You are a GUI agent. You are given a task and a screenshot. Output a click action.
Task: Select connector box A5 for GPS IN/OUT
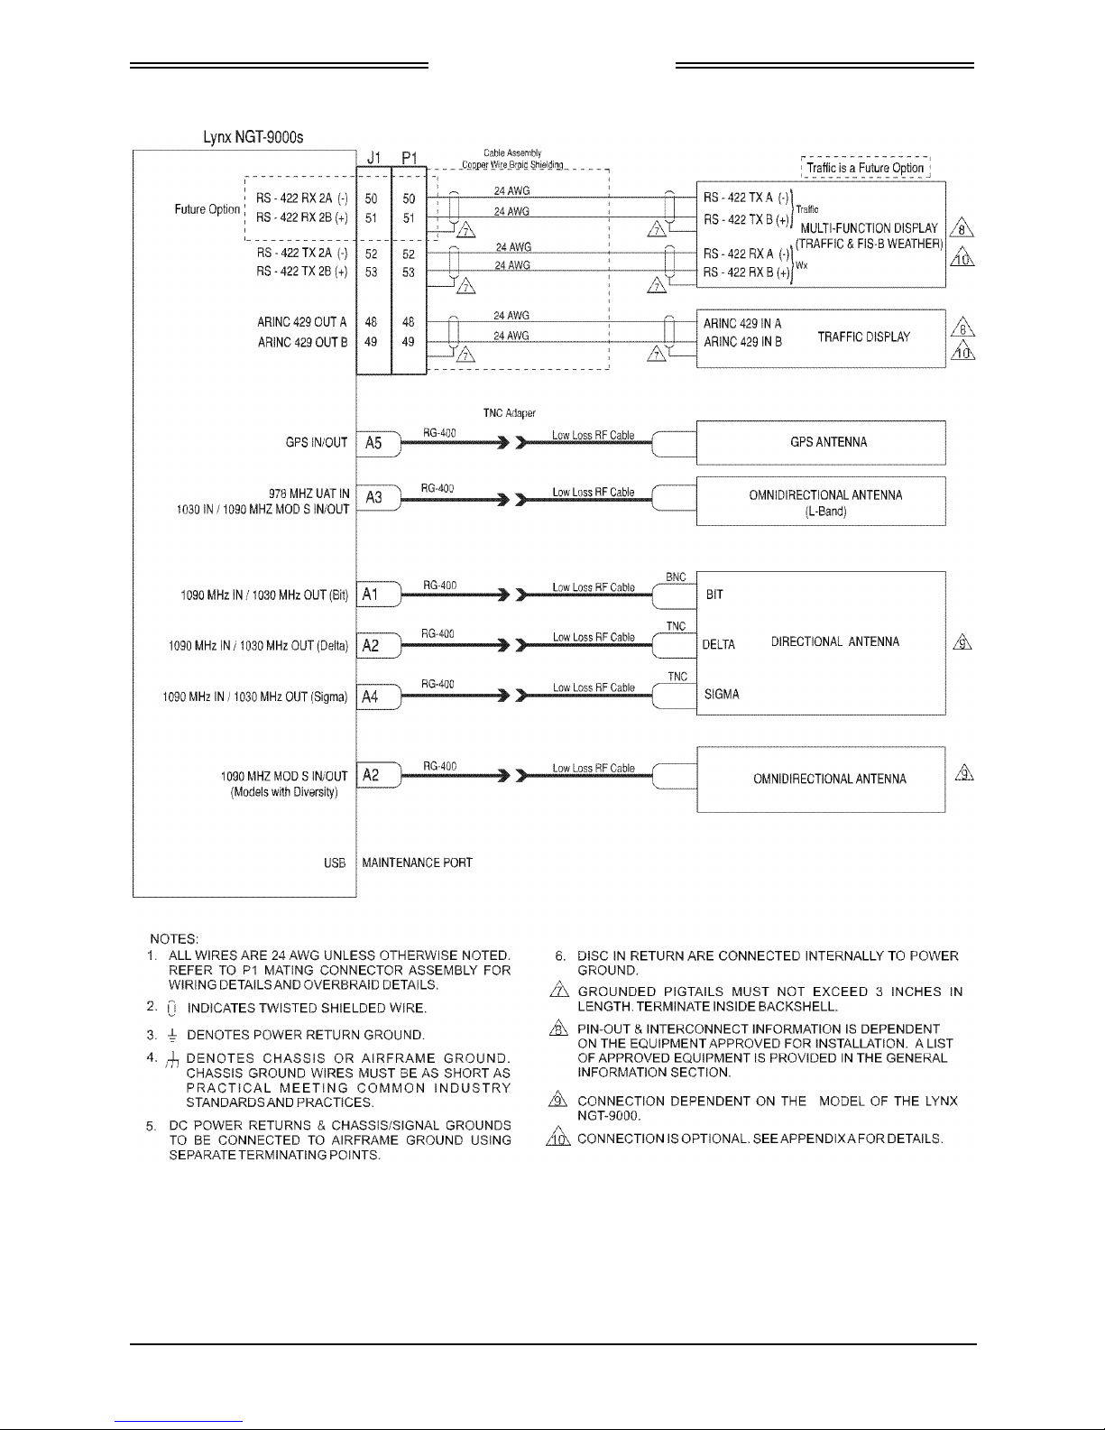tap(373, 443)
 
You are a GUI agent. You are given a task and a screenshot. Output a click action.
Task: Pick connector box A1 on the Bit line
tap(372, 595)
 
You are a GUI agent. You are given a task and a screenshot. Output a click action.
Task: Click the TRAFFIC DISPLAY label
tap(863, 337)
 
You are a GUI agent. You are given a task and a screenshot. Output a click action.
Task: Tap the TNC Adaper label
tap(510, 413)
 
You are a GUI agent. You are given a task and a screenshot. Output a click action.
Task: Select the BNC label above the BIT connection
tap(676, 577)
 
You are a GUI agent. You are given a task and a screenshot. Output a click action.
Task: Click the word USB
tap(334, 863)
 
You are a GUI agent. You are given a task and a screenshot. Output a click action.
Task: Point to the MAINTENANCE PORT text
tap(417, 863)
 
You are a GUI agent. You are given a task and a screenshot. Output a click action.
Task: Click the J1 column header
tap(374, 159)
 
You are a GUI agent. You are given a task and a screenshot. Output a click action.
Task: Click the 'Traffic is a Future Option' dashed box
tap(864, 168)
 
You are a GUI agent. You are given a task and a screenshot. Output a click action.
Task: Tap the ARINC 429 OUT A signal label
tap(302, 322)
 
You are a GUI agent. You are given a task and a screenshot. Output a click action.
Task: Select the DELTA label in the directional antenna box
tap(718, 644)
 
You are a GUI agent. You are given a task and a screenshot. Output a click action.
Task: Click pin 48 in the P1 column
tap(409, 322)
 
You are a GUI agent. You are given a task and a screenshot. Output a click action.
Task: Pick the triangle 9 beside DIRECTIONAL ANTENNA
tap(963, 643)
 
